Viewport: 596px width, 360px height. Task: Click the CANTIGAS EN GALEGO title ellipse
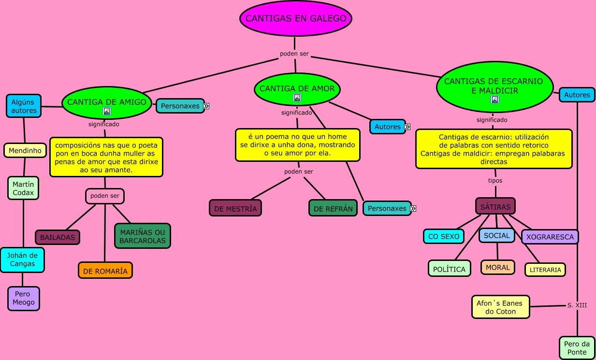tap(296, 19)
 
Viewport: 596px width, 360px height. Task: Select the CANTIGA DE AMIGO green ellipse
tap(107, 102)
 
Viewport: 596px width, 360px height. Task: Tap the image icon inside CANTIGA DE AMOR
tap(297, 98)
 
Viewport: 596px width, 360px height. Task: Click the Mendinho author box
tap(25, 150)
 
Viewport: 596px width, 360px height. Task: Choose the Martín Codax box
tap(23, 188)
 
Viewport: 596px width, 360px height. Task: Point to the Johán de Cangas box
tap(22, 259)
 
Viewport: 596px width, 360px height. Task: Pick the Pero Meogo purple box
tap(24, 298)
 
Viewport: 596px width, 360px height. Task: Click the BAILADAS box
tap(58, 237)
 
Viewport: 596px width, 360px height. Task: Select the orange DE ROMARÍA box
tap(105, 271)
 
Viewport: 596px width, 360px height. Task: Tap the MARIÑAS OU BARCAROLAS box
tap(143, 236)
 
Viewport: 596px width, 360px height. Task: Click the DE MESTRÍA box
tap(235, 208)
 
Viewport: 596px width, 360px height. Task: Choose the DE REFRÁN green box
tap(333, 208)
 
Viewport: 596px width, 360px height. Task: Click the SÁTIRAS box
tap(495, 206)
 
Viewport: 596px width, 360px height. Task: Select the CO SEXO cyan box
tap(444, 236)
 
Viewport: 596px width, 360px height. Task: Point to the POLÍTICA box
tap(449, 269)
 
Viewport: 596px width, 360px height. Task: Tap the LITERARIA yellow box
tap(545, 270)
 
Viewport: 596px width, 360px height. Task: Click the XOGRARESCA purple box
tap(550, 237)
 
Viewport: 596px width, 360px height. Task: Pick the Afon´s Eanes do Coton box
tap(500, 307)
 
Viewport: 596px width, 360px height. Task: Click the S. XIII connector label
tap(577, 305)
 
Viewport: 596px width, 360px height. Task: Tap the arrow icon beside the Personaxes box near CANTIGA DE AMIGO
tap(206, 106)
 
